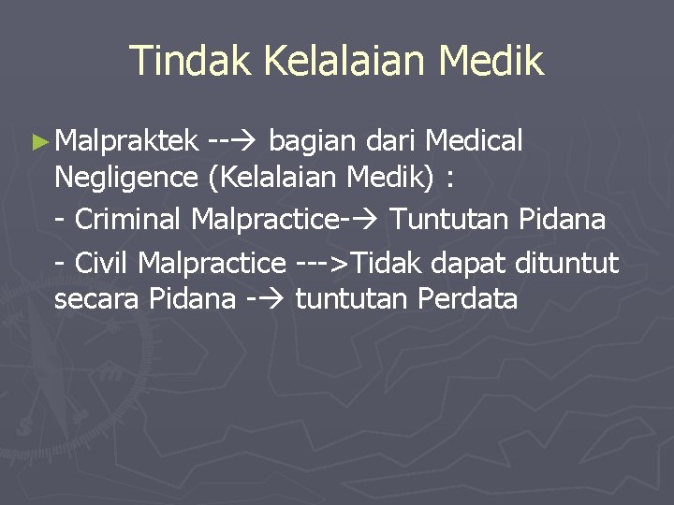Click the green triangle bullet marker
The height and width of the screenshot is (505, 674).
tap(38, 142)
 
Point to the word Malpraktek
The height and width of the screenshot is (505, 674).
tap(126, 141)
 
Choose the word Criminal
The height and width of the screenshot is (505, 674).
tap(130, 220)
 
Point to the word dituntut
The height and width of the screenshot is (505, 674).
tap(566, 264)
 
